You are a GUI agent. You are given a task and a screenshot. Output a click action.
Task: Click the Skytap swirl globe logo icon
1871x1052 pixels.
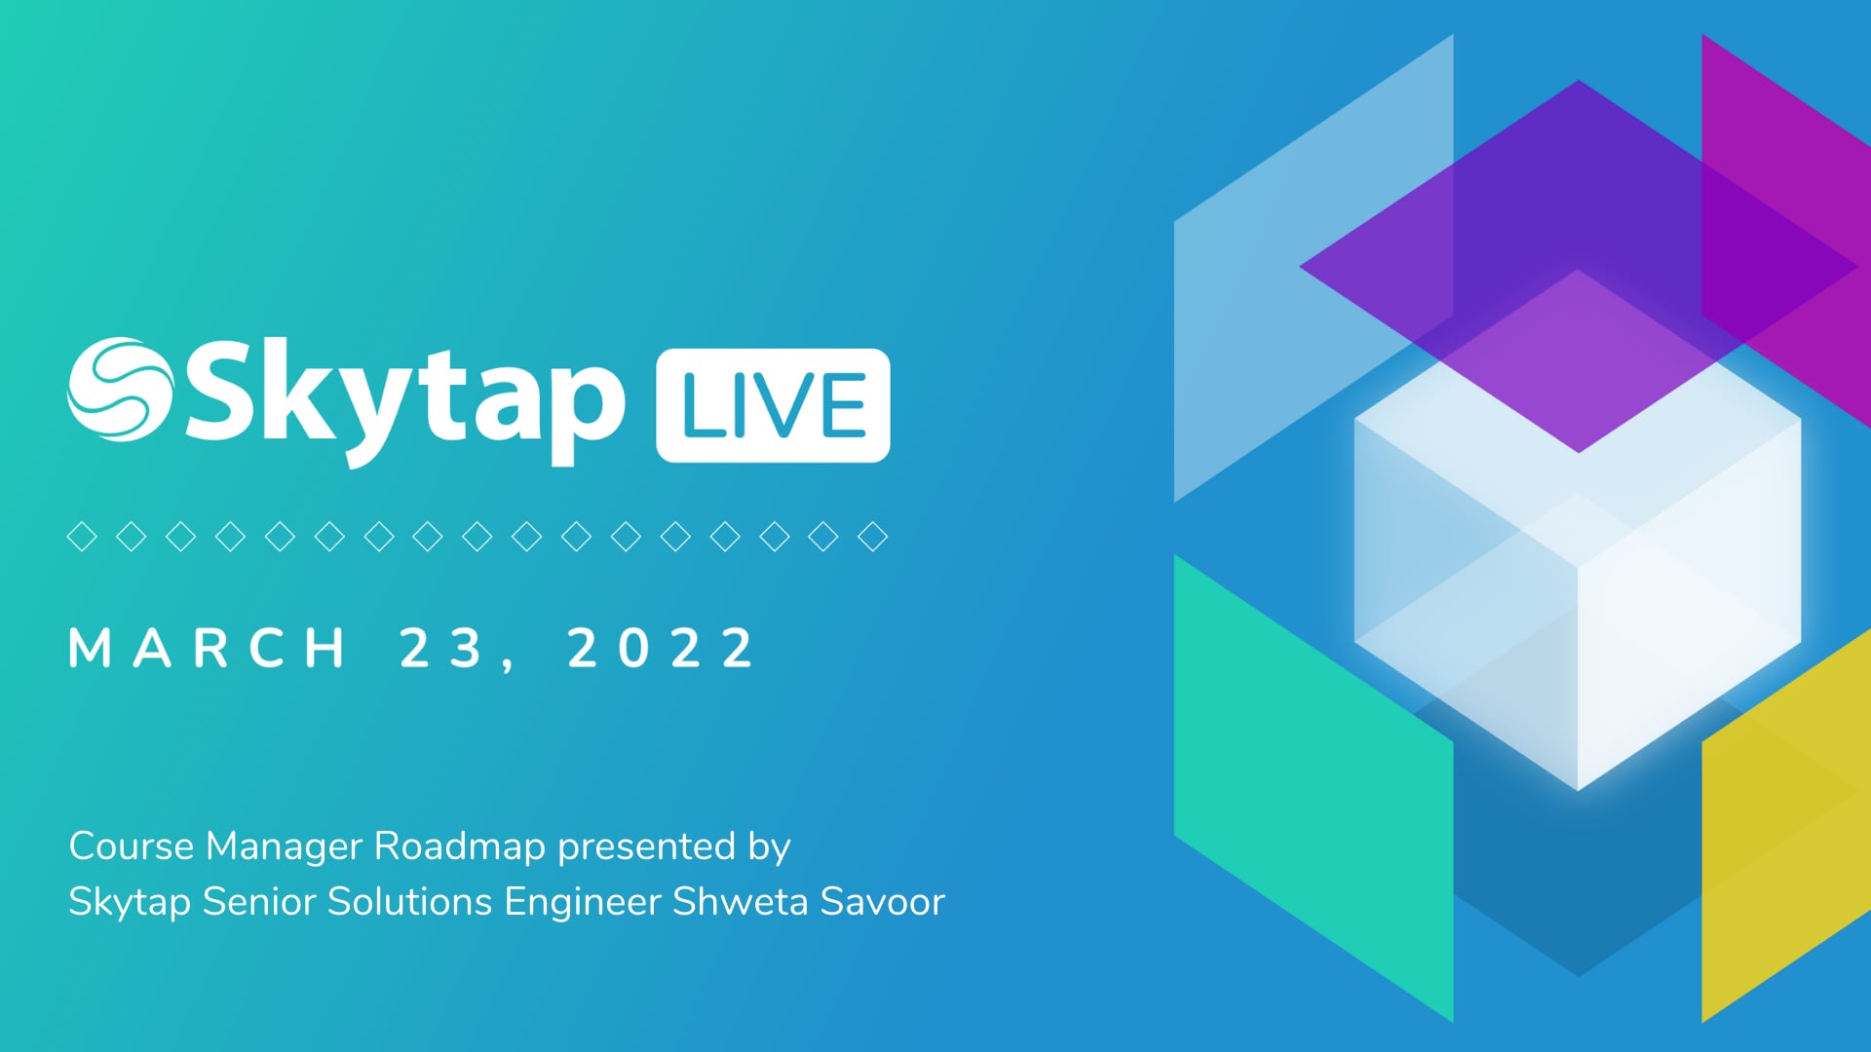point(120,389)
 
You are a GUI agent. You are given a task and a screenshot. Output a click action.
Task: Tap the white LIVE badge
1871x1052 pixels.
point(773,405)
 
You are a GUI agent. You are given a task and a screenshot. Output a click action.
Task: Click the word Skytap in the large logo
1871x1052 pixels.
point(404,399)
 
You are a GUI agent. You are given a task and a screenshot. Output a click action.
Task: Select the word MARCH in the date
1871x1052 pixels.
point(208,648)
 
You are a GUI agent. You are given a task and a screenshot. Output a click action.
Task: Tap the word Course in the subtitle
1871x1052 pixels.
point(132,845)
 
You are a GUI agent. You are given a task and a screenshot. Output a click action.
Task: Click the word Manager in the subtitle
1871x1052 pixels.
point(285,845)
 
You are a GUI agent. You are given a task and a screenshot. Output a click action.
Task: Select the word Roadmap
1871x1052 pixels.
point(459,845)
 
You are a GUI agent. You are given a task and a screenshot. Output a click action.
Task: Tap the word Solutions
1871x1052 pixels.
point(409,901)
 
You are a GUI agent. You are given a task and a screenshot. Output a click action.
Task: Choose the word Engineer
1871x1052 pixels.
point(583,901)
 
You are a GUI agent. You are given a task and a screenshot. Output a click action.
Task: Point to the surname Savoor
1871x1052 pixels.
point(883,901)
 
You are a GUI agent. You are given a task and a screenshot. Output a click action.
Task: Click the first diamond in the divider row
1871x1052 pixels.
point(82,536)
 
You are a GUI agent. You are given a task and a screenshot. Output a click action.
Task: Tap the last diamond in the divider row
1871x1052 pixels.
point(872,536)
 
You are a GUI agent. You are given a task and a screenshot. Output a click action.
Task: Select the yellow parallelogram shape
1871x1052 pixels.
point(1783,838)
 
